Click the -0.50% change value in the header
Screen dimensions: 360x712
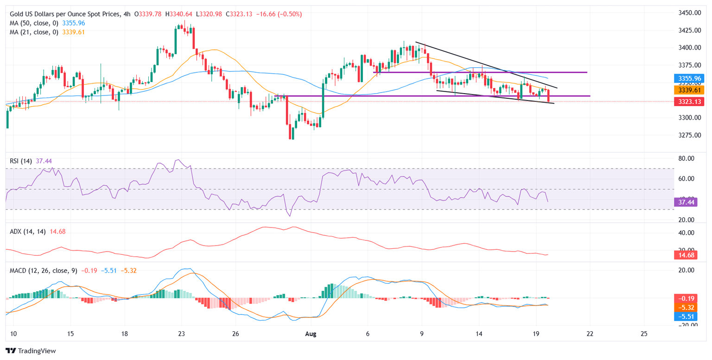pos(290,14)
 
